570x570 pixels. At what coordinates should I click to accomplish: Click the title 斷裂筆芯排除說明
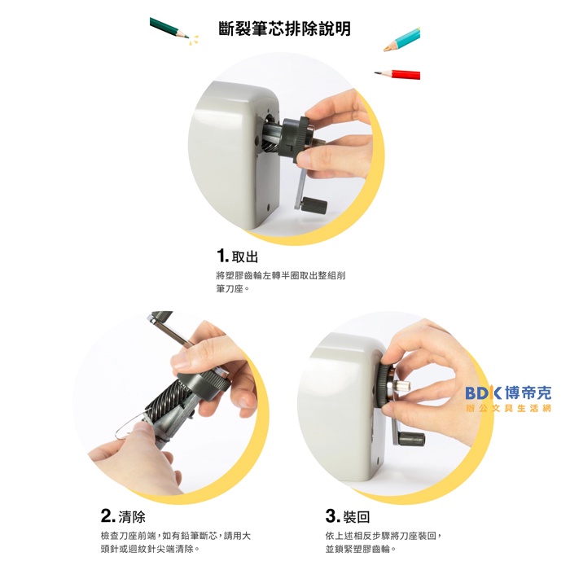pos(285,29)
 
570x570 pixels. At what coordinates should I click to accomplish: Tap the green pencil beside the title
pos(169,28)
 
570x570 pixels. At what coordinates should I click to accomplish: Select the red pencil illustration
pos(397,74)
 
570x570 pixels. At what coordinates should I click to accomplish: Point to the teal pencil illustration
pos(401,39)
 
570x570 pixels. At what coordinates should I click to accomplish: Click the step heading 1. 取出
pos(238,256)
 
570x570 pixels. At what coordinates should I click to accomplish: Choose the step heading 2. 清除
pos(123,515)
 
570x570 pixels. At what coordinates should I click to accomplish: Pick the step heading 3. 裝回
pos(348,515)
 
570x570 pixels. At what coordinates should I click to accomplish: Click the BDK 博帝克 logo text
pos(508,392)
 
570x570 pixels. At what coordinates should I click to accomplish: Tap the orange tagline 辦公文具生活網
pos(509,408)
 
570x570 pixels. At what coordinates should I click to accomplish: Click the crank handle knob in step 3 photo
pos(412,439)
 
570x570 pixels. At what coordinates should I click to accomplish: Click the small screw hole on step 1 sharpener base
pos(269,208)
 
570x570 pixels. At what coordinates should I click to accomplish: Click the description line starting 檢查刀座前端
pos(176,536)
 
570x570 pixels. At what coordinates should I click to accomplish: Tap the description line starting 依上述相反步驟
pos(384,536)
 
